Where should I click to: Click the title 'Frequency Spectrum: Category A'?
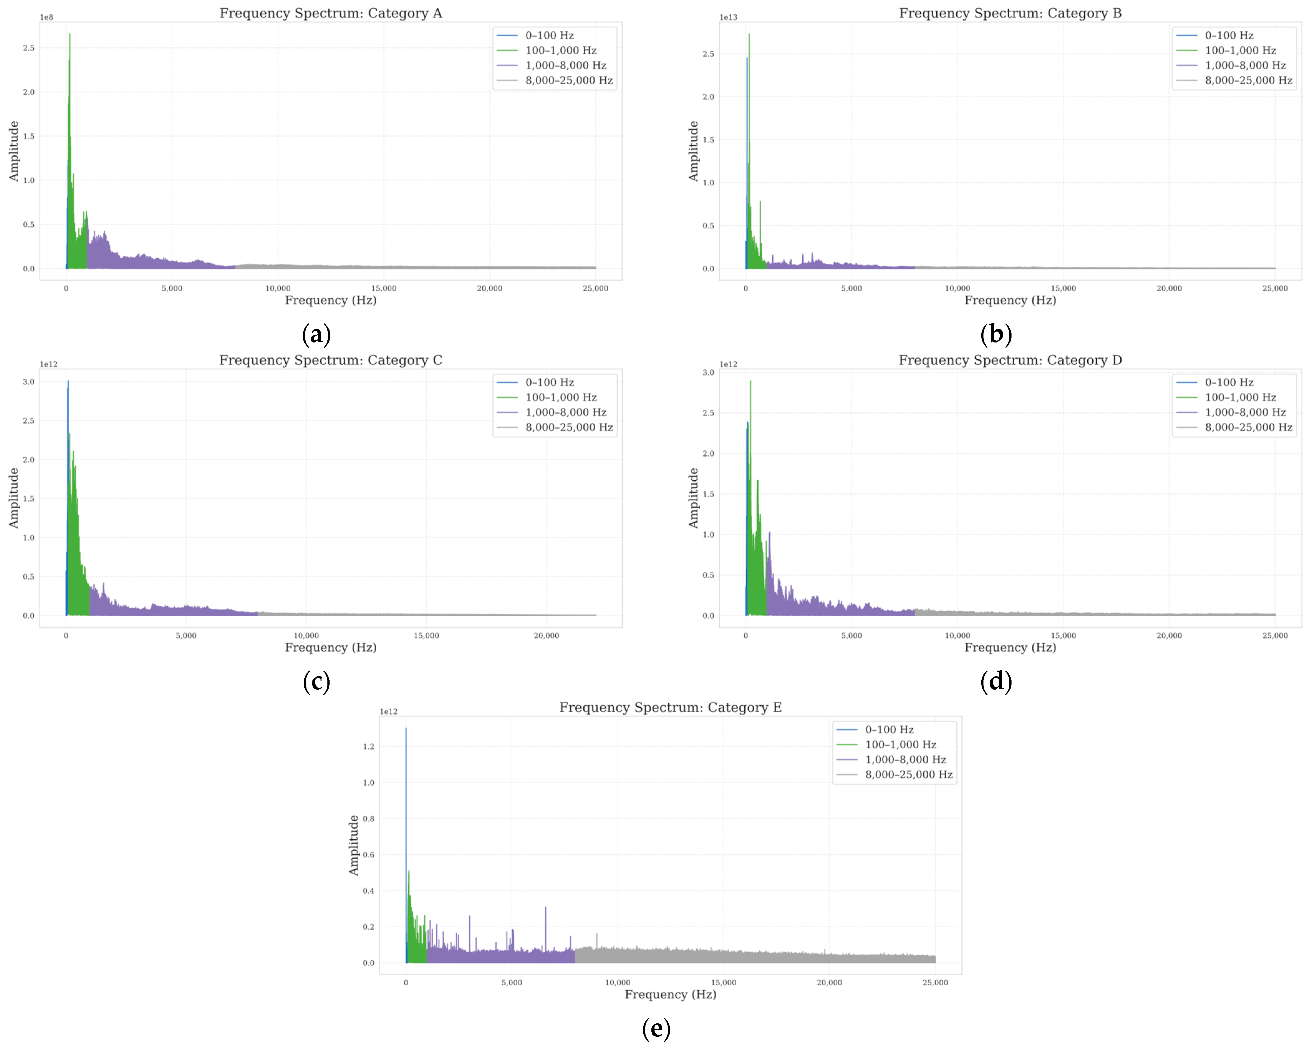(331, 13)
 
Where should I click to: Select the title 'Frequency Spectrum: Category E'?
(670, 707)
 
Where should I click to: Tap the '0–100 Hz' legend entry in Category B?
(1229, 35)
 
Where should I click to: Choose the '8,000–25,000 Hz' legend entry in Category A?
(569, 80)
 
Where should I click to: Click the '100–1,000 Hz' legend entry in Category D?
(1240, 397)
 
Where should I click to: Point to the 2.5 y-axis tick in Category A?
(29, 48)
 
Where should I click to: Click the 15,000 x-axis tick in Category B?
(1063, 289)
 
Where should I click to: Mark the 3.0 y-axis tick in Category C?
(29, 382)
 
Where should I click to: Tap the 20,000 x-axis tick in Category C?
(546, 636)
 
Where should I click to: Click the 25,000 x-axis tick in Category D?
(1275, 636)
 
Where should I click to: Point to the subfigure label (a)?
(316, 335)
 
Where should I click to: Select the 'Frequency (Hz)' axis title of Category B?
(1010, 301)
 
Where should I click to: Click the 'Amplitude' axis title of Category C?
(13, 498)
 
